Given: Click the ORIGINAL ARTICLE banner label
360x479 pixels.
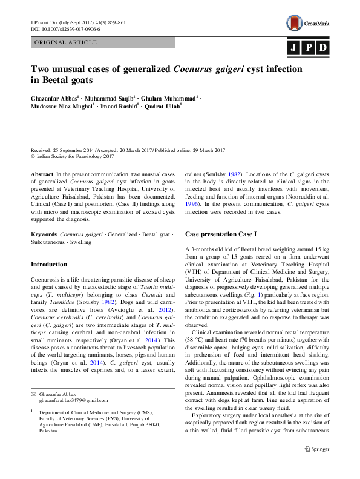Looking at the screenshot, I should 67,42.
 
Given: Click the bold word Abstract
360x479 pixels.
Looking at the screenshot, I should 42,174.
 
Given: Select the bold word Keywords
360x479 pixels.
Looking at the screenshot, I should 44,233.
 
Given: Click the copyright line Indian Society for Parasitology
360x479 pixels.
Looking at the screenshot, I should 75,156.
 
